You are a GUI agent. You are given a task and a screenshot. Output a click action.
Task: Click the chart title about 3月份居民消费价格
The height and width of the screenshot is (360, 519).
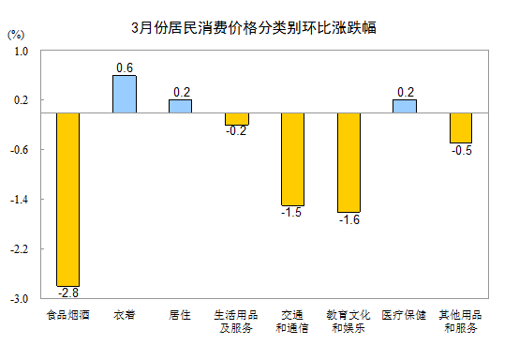point(254,28)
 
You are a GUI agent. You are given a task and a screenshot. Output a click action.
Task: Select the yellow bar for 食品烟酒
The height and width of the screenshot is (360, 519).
point(67,200)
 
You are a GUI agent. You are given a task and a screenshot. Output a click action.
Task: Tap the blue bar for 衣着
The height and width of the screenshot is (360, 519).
point(125,94)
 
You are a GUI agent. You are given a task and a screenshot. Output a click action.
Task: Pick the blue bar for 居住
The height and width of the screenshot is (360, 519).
point(181,106)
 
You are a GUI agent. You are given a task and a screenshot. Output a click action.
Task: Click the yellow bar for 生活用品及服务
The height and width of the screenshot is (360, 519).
point(237,119)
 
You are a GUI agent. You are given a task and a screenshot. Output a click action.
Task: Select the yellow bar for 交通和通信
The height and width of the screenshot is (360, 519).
point(292,159)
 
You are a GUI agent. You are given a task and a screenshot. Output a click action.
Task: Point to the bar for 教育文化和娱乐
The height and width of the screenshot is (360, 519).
point(348,162)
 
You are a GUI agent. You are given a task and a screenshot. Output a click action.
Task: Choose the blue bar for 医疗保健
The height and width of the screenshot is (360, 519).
point(405,106)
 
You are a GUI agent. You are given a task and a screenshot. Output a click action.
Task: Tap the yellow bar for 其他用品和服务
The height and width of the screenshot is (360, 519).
point(461,127)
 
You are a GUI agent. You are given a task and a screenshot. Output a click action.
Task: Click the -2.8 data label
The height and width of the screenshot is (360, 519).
point(68,292)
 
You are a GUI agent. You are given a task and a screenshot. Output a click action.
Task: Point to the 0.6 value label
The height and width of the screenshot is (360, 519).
point(125,67)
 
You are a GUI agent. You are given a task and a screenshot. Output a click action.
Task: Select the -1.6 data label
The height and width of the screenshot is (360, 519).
point(349,219)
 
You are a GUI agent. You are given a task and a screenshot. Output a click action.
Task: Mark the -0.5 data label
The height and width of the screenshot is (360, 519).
point(462,150)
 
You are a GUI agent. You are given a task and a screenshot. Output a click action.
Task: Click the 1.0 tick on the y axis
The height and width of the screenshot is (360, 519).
point(22,52)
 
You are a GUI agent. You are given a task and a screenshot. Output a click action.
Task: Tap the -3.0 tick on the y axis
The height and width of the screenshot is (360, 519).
point(19,299)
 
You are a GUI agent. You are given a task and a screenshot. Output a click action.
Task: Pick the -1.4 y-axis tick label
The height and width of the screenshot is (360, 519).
point(19,200)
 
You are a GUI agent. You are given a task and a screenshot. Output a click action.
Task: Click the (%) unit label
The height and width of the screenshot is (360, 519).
point(16,35)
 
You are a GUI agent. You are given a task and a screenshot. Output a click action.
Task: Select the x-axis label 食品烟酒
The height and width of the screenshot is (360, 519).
point(67,315)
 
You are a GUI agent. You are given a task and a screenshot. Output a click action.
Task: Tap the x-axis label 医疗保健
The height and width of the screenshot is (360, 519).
point(404,315)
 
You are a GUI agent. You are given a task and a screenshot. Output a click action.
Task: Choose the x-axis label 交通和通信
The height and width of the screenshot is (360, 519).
point(292,322)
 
